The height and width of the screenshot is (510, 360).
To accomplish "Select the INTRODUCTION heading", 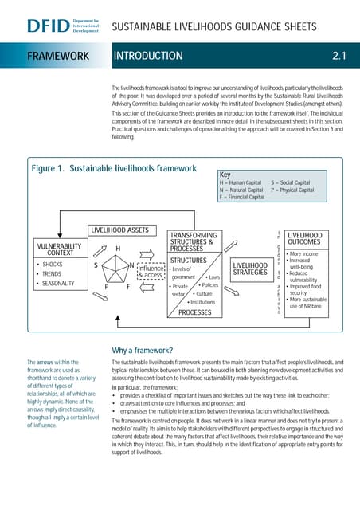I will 148,56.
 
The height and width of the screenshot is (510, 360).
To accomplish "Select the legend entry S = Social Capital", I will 291,182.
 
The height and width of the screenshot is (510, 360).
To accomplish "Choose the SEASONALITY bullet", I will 58,284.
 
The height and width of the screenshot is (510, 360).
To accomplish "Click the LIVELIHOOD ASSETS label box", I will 118,230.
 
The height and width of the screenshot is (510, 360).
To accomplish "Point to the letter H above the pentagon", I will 118,249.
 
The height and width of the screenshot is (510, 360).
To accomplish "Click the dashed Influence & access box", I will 151,272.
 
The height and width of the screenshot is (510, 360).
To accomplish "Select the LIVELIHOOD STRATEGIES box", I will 249,269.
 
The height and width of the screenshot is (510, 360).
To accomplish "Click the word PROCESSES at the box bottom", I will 194,313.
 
